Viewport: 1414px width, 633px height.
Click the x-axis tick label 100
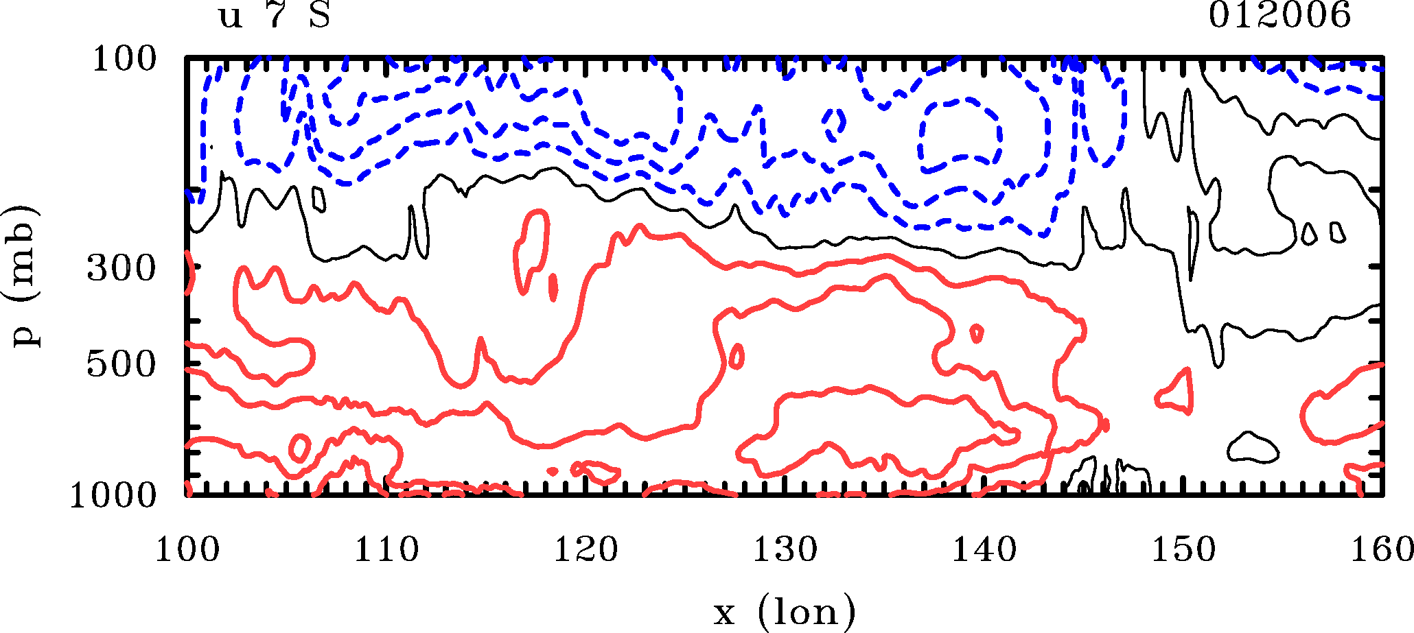click(x=187, y=550)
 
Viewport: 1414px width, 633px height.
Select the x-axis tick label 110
click(x=386, y=550)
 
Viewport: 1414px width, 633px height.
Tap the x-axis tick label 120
click(x=586, y=550)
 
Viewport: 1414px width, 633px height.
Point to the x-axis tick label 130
click(x=785, y=550)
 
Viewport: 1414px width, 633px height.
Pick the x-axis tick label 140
click(x=984, y=550)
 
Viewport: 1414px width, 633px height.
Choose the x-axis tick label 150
click(x=1183, y=550)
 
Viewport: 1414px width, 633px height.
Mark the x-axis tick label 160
click(x=1381, y=550)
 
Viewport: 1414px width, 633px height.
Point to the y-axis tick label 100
click(x=124, y=59)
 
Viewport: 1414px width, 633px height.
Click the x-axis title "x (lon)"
click(x=784, y=611)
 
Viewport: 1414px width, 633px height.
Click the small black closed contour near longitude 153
click(x=1253, y=447)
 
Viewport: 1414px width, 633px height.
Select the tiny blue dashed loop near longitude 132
click(x=835, y=123)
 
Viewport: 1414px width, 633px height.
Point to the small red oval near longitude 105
click(x=299, y=448)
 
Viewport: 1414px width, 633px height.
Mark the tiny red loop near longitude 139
click(x=977, y=334)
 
